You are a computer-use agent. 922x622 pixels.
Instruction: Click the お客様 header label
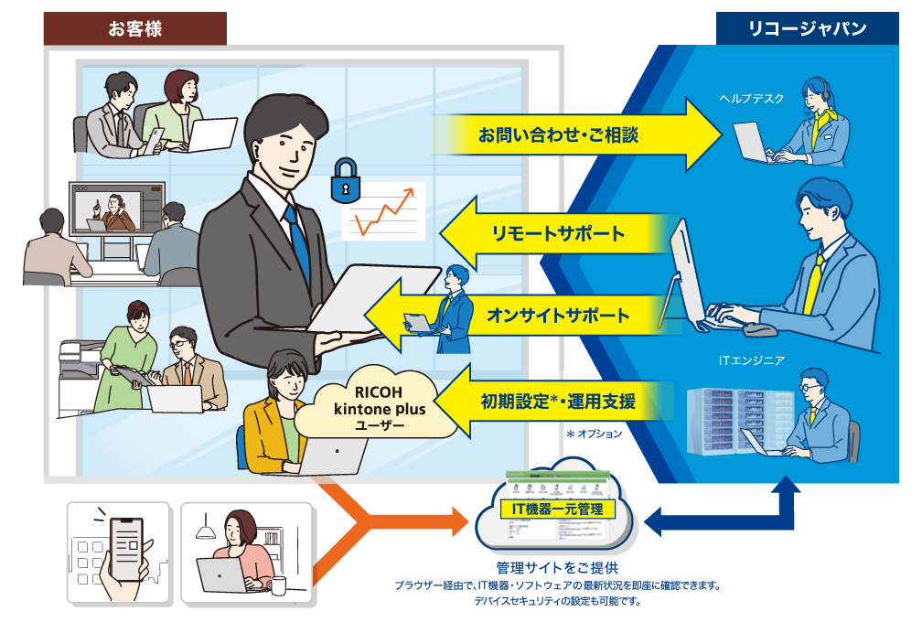point(134,28)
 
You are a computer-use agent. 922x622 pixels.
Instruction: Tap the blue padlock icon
point(344,180)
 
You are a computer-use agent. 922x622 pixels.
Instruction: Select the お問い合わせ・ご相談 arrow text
point(558,135)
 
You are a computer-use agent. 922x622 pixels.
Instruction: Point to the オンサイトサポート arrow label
point(558,316)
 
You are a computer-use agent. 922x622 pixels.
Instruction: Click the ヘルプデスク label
point(751,99)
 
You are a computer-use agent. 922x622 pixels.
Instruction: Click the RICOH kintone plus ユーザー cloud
point(373,413)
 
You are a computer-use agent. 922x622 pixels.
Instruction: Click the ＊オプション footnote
point(594,434)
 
